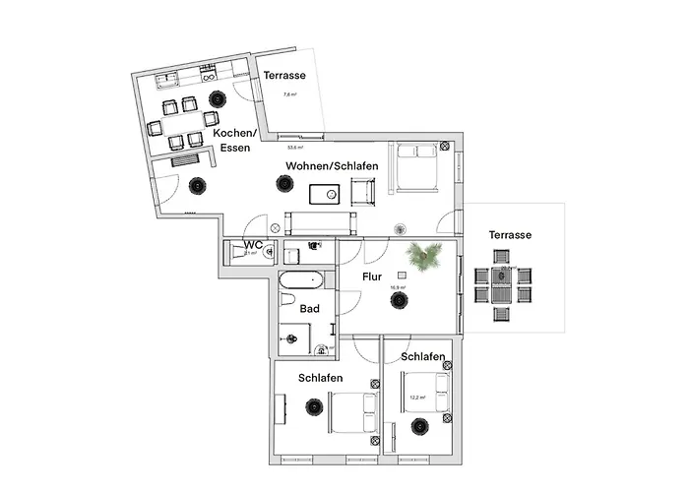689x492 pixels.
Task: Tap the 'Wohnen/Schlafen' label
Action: [x=332, y=166]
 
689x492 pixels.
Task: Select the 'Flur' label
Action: [x=371, y=277]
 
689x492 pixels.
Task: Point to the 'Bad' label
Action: [x=310, y=308]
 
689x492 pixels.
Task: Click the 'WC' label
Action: [x=253, y=244]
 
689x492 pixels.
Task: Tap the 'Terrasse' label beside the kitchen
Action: [x=283, y=75]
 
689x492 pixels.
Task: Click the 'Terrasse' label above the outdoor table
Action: [x=510, y=235]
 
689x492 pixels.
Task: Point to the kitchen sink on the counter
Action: [x=164, y=77]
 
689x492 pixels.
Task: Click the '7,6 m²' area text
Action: [x=289, y=95]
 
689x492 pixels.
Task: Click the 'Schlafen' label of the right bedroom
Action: [x=423, y=356]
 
